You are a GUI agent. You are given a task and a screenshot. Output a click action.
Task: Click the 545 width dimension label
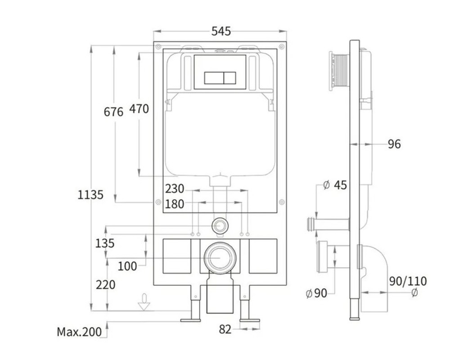pyautogui.click(x=221, y=31)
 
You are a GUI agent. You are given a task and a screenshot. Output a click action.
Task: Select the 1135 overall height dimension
pyautogui.click(x=90, y=195)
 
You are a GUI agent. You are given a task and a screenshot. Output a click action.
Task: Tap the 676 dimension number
pyautogui.click(x=113, y=112)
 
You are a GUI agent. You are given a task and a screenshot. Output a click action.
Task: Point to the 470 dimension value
pyautogui.click(x=139, y=109)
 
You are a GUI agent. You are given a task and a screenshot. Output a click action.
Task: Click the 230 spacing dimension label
pyautogui.click(x=175, y=189)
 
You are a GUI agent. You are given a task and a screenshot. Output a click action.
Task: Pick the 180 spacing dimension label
pyautogui.click(x=175, y=204)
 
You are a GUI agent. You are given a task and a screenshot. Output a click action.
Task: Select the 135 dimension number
pyautogui.click(x=104, y=243)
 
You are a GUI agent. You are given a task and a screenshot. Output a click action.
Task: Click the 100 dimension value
pyautogui.click(x=127, y=266)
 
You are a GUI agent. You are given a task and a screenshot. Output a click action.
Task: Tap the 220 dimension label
pyautogui.click(x=105, y=285)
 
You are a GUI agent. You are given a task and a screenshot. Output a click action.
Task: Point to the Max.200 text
pyautogui.click(x=79, y=332)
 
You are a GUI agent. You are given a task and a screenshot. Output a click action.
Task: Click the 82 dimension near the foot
pyautogui.click(x=225, y=329)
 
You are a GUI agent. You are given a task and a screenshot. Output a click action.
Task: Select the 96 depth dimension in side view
pyautogui.click(x=394, y=144)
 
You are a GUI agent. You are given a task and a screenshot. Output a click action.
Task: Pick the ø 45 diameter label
pyautogui.click(x=335, y=185)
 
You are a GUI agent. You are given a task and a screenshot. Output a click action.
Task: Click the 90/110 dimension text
pyautogui.click(x=408, y=281)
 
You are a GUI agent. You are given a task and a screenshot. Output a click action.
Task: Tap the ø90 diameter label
pyautogui.click(x=316, y=293)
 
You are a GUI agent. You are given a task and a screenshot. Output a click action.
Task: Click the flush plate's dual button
pyautogui.click(x=220, y=78)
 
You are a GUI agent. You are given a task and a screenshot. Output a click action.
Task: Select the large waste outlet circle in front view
pyautogui.click(x=220, y=257)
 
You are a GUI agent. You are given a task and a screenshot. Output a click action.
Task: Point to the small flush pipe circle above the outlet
pyautogui.click(x=220, y=225)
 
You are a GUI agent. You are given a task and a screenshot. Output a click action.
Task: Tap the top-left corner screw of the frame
pyautogui.click(x=158, y=46)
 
